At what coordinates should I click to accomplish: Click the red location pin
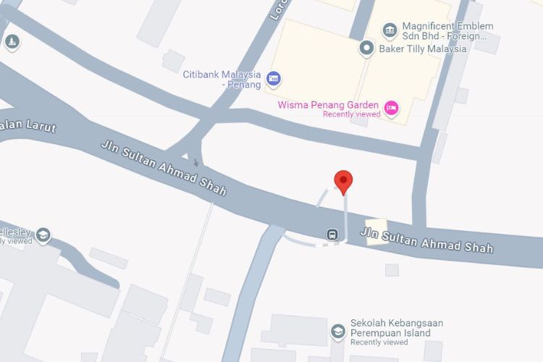342,181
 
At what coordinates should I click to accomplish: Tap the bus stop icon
332,235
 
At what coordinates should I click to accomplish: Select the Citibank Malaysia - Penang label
222,79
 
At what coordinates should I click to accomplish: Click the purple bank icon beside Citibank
273,78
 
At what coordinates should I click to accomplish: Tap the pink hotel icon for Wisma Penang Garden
391,108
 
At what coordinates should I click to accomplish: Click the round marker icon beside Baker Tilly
367,49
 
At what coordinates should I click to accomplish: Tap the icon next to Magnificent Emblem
390,30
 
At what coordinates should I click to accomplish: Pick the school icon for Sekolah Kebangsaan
337,332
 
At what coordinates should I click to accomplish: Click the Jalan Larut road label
29,126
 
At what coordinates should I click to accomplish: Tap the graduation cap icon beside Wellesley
43,235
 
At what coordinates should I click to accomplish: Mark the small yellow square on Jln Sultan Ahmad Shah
376,232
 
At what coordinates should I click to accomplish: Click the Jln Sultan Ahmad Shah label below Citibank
163,168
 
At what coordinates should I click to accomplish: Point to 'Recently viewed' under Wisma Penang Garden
352,114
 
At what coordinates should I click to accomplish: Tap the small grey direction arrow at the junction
194,160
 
